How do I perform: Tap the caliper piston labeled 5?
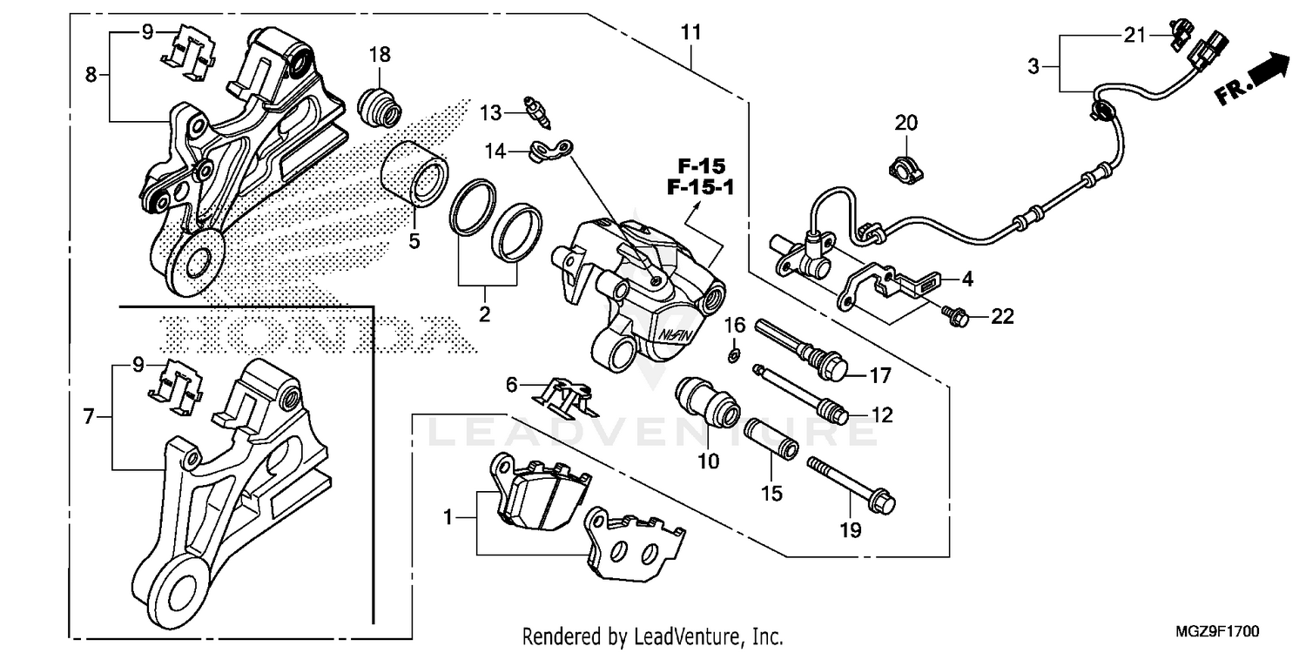[x=414, y=175]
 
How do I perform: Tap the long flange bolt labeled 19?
[x=852, y=483]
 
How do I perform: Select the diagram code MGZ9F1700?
[x=1223, y=630]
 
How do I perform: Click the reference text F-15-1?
[x=698, y=186]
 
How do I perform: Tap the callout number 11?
[x=690, y=33]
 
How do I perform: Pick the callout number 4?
[x=966, y=279]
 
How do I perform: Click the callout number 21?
[x=1132, y=35]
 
